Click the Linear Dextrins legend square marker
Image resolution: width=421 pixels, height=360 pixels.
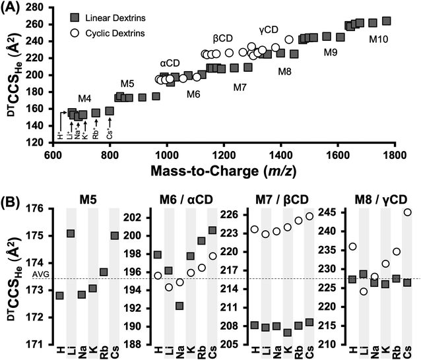[75, 18]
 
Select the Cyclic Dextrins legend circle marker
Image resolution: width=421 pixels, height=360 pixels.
[75, 33]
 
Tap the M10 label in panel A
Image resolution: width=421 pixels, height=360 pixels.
[378, 40]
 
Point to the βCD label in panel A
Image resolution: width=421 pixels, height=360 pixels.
[222, 38]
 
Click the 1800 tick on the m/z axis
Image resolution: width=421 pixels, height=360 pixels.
[394, 155]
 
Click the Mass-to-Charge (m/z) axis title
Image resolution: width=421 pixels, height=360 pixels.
[224, 171]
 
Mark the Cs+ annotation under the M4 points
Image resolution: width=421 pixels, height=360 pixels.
[110, 135]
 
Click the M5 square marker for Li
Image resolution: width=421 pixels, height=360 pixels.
[71, 233]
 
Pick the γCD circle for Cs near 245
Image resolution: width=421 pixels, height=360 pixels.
[408, 212]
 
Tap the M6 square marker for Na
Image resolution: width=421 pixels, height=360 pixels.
[179, 306]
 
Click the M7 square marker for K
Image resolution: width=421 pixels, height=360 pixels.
[288, 333]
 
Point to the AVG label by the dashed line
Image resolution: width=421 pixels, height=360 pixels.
[40, 274]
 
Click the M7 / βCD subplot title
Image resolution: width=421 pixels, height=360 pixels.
[278, 199]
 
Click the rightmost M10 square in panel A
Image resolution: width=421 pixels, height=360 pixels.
[387, 21]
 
